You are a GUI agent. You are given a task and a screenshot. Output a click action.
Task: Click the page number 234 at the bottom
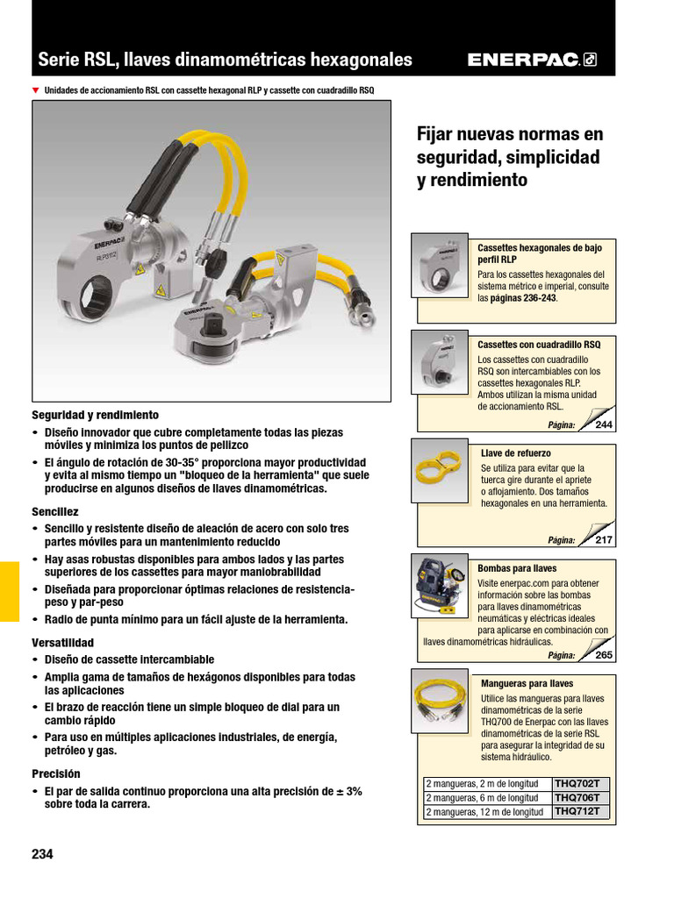42,854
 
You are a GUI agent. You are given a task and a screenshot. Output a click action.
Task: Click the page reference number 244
604,425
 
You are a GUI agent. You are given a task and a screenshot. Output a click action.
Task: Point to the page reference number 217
604,540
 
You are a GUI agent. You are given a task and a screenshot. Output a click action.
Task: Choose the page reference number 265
604,655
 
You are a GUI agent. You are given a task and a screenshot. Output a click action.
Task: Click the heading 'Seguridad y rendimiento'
96,415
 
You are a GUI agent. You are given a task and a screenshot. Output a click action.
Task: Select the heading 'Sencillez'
55,511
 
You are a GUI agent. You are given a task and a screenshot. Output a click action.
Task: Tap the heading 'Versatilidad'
62,643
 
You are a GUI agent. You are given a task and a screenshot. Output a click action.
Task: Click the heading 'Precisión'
56,774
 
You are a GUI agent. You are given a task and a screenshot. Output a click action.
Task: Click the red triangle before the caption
36,90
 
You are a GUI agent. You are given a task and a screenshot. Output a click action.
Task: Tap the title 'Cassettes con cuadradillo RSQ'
539,345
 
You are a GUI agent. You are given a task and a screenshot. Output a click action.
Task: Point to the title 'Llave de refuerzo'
516,453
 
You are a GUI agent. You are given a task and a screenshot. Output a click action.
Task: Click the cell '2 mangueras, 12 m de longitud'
484,812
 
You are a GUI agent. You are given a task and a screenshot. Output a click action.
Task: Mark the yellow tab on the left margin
9,591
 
